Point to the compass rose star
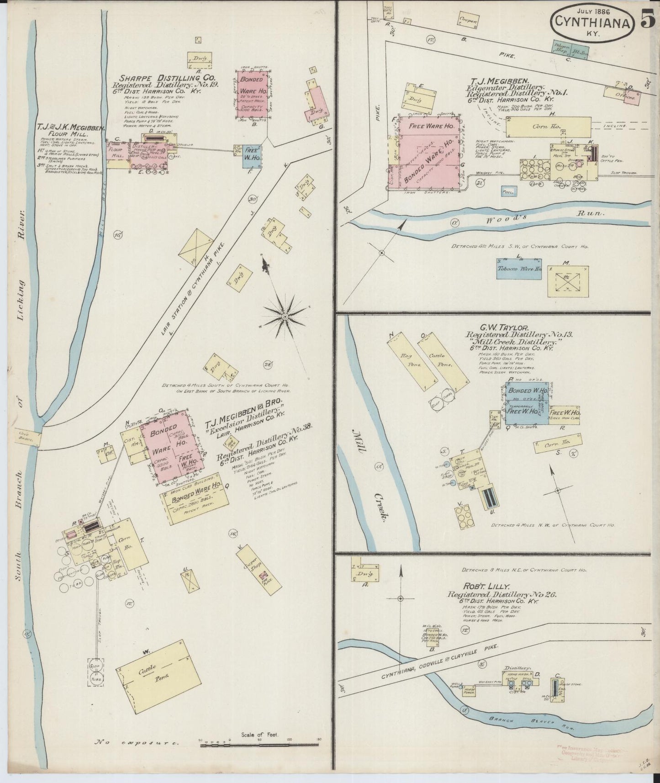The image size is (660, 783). click(x=285, y=316)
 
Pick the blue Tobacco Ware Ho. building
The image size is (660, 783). click(x=519, y=269)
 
